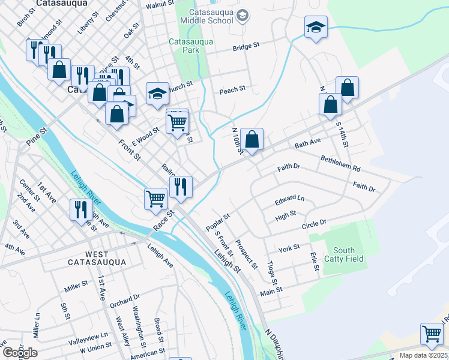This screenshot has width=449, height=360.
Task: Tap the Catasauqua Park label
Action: tap(184, 46)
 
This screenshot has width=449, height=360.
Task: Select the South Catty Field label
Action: tap(344, 254)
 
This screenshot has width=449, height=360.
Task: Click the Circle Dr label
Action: tap(313, 223)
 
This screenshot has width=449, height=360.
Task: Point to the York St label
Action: tap(289, 247)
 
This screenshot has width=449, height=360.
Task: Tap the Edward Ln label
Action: tap(289, 199)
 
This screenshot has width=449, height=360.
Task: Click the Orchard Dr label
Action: tap(125, 296)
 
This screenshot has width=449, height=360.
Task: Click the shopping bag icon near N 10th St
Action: tap(253, 140)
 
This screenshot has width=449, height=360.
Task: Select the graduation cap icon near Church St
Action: tap(157, 94)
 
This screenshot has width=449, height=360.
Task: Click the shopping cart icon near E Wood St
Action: tap(177, 122)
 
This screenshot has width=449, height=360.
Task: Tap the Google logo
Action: tap(19, 353)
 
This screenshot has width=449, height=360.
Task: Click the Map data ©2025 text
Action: tap(423, 355)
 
